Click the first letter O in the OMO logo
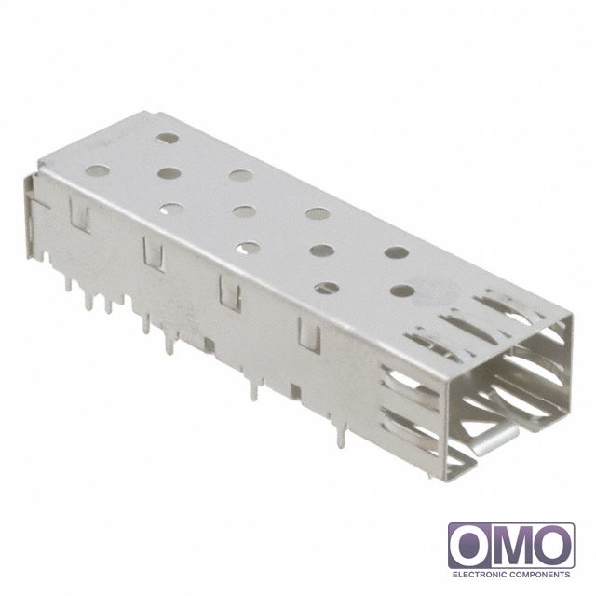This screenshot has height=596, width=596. click(x=470, y=547)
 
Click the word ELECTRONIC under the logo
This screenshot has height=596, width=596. click(x=479, y=575)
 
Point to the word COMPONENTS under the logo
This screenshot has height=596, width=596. click(x=540, y=575)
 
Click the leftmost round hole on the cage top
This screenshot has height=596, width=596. click(x=97, y=170)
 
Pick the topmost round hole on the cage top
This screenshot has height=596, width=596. click(x=168, y=139)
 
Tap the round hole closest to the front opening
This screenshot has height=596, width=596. click(x=403, y=291)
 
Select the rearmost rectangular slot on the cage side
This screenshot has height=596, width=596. click(x=79, y=215)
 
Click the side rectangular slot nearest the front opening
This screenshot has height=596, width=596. click(x=309, y=334)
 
